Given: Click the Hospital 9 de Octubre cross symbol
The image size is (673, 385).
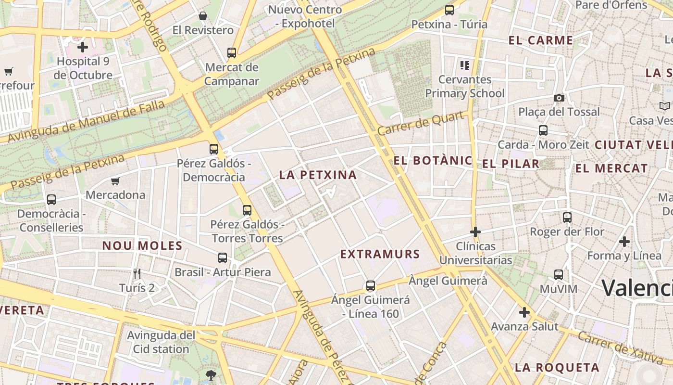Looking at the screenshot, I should pyautogui.click(x=83, y=47).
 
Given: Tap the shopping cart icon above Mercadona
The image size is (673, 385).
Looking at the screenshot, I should pyautogui.click(x=115, y=181).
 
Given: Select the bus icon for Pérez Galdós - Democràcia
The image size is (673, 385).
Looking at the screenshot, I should pyautogui.click(x=214, y=149).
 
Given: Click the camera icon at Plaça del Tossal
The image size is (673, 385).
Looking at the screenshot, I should pyautogui.click(x=559, y=98).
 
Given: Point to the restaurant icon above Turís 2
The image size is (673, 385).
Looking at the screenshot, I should pyautogui.click(x=137, y=274).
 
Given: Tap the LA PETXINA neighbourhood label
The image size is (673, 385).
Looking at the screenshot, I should pyautogui.click(x=318, y=175).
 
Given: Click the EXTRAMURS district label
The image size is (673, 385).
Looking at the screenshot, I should pyautogui.click(x=380, y=254).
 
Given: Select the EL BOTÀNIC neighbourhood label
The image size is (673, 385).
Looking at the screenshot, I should pyautogui.click(x=433, y=161).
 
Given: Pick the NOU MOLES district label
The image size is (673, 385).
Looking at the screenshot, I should pyautogui.click(x=142, y=246).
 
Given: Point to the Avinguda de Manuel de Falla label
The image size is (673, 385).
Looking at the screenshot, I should pyautogui.click(x=87, y=120).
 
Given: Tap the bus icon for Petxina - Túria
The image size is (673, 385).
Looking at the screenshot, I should pyautogui.click(x=449, y=10).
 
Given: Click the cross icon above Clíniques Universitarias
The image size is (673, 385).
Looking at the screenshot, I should pyautogui.click(x=475, y=232).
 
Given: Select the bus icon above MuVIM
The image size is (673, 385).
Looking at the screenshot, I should pyautogui.click(x=558, y=275).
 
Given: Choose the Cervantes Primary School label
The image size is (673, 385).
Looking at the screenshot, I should pyautogui.click(x=465, y=86).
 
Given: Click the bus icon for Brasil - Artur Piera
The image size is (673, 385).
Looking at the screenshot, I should pyautogui.click(x=222, y=258).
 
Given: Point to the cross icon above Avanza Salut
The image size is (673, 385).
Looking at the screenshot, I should pyautogui.click(x=524, y=313).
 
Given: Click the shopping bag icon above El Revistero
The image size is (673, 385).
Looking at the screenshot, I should pyautogui.click(x=203, y=16).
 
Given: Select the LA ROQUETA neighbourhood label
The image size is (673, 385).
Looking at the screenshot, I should pyautogui.click(x=557, y=368).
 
